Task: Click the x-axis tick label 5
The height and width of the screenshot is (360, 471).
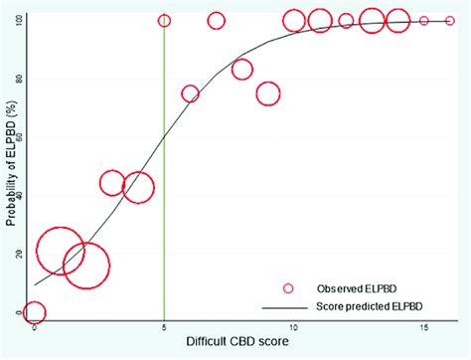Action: coord(164,327)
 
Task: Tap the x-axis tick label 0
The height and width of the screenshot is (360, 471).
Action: coord(35,327)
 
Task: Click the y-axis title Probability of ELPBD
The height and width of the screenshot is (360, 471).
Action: coord(9,164)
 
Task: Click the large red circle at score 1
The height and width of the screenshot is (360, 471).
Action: coord(61,250)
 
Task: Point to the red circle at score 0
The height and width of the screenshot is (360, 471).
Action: coord(35,312)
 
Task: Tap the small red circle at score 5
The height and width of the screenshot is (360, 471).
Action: coord(164,21)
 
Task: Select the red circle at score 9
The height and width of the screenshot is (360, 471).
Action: coord(267,93)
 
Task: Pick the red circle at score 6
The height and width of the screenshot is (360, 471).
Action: coord(190,93)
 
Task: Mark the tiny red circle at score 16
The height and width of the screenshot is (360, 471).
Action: coord(449,20)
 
